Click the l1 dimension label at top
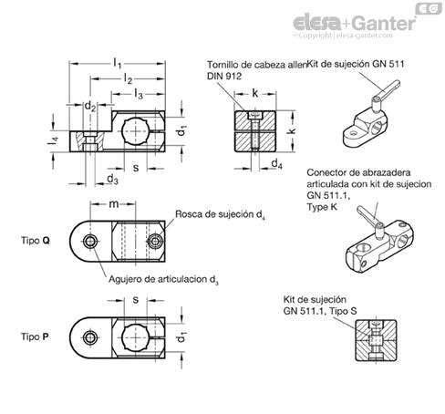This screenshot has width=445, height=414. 118,63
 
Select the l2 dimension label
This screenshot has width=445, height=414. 128,78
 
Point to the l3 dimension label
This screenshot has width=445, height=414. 139,94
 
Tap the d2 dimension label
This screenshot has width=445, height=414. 90,106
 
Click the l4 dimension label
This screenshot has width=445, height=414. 53,140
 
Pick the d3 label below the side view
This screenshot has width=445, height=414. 112,179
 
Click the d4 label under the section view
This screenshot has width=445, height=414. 276,164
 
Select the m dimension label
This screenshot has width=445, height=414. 114,204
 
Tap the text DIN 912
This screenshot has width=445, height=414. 224,76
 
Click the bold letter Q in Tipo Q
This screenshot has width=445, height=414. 46,241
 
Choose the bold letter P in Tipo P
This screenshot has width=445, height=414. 46,336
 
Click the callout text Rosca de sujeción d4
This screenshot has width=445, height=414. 220,214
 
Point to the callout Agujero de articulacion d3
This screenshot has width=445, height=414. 163,279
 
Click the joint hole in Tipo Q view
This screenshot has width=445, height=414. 90,242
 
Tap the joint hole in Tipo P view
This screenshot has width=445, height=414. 90,337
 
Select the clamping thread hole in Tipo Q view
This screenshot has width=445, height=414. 155,242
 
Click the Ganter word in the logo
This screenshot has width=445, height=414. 385,24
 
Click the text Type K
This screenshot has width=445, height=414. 322,207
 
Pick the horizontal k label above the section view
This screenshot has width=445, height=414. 255,94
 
